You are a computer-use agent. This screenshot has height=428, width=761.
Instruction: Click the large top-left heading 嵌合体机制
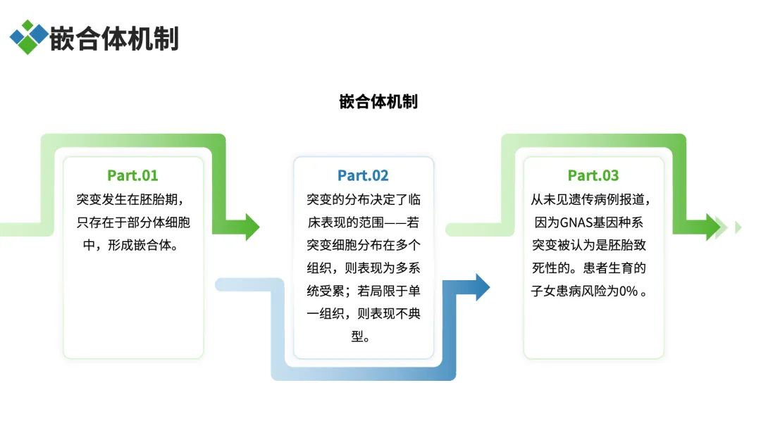114,38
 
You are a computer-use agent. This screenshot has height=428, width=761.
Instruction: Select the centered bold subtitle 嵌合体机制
378,101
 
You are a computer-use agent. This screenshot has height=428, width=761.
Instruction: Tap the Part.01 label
132,175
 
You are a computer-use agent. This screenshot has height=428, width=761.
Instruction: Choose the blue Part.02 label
363,175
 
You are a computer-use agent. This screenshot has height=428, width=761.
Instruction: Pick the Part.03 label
593,175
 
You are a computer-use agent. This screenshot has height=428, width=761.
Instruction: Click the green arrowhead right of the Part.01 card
252,227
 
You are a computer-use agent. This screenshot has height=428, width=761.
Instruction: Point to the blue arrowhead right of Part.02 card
482,287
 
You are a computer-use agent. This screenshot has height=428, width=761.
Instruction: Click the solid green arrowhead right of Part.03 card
712,227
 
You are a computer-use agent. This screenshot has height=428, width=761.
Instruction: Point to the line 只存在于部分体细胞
133,223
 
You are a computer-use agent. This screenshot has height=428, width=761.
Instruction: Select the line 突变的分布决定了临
363,200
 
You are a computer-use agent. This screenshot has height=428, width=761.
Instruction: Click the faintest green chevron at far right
738,227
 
